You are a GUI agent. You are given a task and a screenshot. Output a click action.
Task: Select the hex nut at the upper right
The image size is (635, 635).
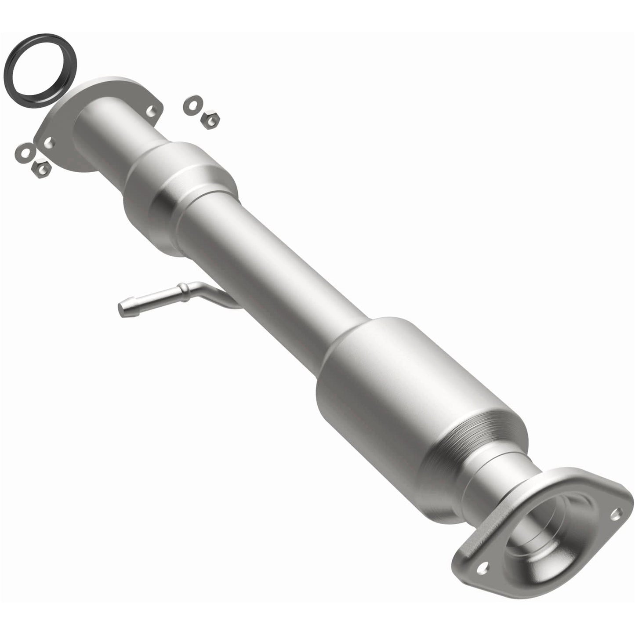[x=210, y=119]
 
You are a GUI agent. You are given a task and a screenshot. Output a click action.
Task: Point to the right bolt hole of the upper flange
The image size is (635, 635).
[x=151, y=110]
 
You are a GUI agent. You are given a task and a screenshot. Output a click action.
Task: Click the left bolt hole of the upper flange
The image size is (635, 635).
[x=48, y=142]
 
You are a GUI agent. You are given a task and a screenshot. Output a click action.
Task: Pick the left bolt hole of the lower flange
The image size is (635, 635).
[x=482, y=568]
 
